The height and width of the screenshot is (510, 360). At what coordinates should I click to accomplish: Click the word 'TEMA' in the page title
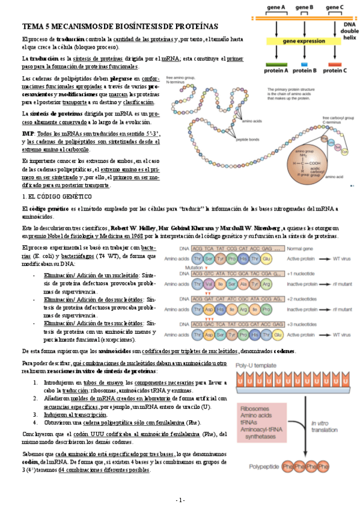pos(34,26)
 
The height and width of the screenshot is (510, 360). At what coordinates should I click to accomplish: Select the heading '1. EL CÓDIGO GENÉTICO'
pos(57,197)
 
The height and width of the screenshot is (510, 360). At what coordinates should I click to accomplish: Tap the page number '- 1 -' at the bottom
pos(180,500)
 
